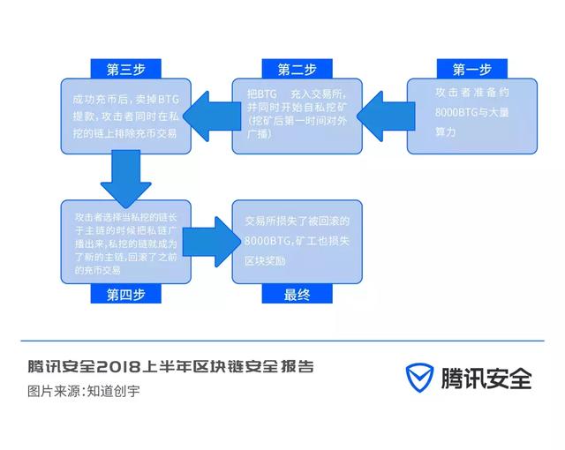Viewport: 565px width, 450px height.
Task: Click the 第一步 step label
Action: pyautogui.click(x=472, y=69)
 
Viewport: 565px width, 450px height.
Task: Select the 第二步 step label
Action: pyautogui.click(x=297, y=69)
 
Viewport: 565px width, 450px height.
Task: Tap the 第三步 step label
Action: pyautogui.click(x=125, y=69)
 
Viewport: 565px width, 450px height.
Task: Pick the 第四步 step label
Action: pyautogui.click(x=125, y=294)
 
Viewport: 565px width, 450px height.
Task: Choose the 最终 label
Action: pyautogui.click(x=297, y=294)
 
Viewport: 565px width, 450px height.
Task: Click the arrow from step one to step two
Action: pyautogui.click(x=386, y=116)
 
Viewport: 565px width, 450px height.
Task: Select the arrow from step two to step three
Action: pyautogui.click(x=212, y=116)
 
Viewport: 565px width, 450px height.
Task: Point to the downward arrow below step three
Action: pyautogui.click(x=125, y=179)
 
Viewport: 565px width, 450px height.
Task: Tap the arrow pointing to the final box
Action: pyautogui.click(x=212, y=242)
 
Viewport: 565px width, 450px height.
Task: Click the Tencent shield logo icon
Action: pyautogui.click(x=420, y=378)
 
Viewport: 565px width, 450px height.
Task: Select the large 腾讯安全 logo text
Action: pyautogui.click(x=486, y=378)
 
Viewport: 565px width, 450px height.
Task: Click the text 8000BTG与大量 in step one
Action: pyautogui.click(x=471, y=112)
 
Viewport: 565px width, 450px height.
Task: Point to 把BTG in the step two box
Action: pyautogui.click(x=262, y=94)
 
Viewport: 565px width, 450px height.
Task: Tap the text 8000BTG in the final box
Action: pyautogui.click(x=267, y=241)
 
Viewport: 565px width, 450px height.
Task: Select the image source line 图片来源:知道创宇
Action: pyautogui.click(x=84, y=391)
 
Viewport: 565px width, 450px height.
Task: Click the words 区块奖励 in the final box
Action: pyautogui.click(x=265, y=260)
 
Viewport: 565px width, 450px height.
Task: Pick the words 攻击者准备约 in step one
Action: pyautogui.click(x=472, y=93)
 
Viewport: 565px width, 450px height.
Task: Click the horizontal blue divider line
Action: pyautogui.click(x=282, y=341)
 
